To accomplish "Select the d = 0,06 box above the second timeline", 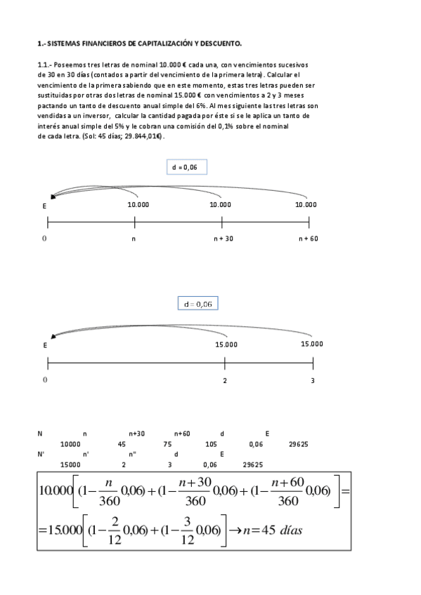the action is [x=198, y=304].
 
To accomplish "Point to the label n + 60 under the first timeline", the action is [x=309, y=239].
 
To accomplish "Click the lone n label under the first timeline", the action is [x=134, y=239].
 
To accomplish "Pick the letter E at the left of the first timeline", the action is [x=44, y=206].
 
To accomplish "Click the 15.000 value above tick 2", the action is [x=226, y=345].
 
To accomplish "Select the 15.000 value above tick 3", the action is [x=311, y=344].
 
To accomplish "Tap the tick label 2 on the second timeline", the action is [x=225, y=380].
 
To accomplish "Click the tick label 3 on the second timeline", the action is [x=313, y=380].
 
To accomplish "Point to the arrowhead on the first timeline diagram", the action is [x=53, y=197].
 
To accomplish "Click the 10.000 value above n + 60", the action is [x=306, y=205].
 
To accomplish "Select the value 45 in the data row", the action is [x=122, y=444].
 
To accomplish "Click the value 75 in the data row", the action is [x=167, y=444].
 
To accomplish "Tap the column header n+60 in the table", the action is [x=181, y=434].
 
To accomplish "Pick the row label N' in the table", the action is [x=41, y=454].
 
